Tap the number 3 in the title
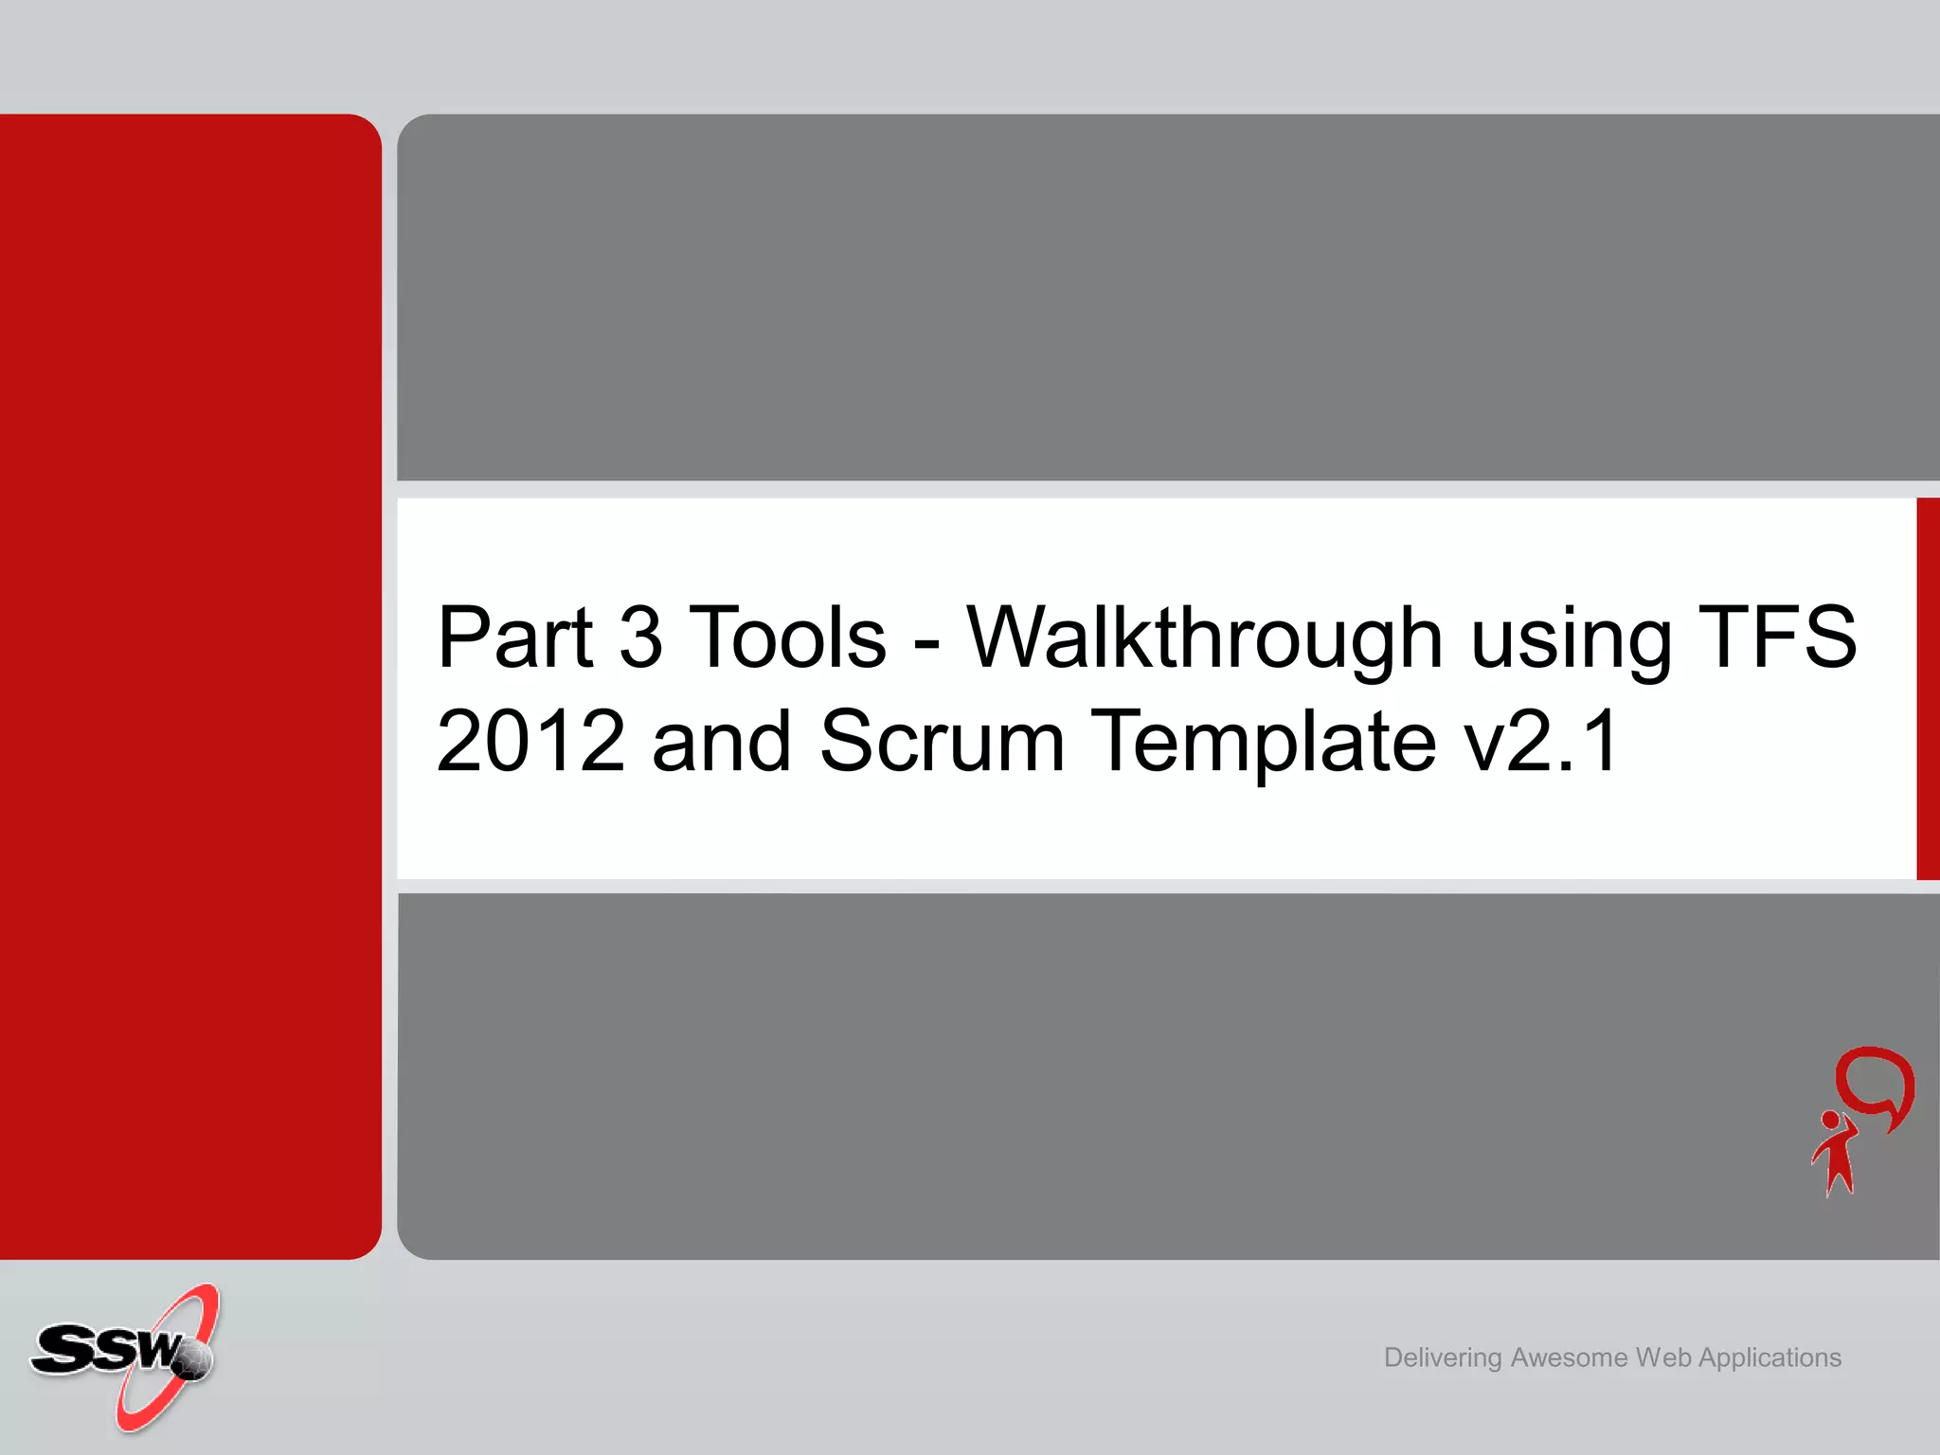[640, 637]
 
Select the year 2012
[530, 741]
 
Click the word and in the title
[721, 741]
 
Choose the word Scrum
[942, 741]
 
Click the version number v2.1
[1540, 741]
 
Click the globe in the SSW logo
[195, 1360]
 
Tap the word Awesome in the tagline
[1569, 1357]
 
